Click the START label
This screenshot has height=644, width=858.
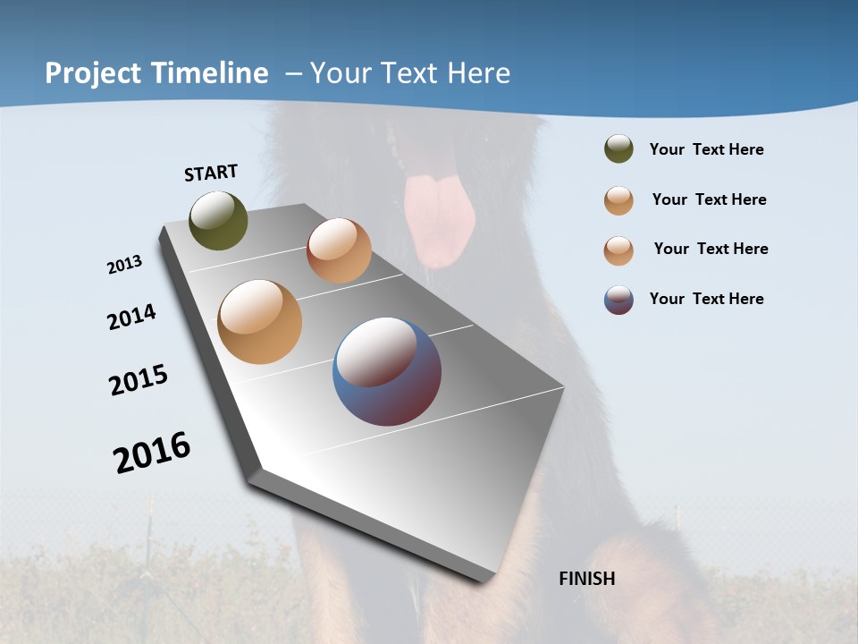click(x=211, y=173)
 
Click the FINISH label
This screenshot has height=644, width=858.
click(x=586, y=579)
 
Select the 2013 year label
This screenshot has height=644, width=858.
click(x=124, y=265)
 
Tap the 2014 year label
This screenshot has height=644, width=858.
click(x=131, y=317)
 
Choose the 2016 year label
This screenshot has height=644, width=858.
click(x=152, y=453)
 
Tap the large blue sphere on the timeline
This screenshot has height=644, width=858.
click(x=386, y=371)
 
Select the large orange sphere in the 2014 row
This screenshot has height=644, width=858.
click(x=259, y=322)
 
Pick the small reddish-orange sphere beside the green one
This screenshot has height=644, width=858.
click(x=339, y=250)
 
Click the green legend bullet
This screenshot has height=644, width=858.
click(x=618, y=149)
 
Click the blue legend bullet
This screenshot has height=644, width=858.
click(x=618, y=299)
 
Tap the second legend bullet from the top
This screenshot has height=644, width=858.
click(x=618, y=199)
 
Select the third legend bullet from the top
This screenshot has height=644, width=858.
click(x=618, y=250)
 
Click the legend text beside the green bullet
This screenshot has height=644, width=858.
click(x=706, y=149)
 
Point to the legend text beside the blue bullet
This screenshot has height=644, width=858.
click(x=706, y=299)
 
